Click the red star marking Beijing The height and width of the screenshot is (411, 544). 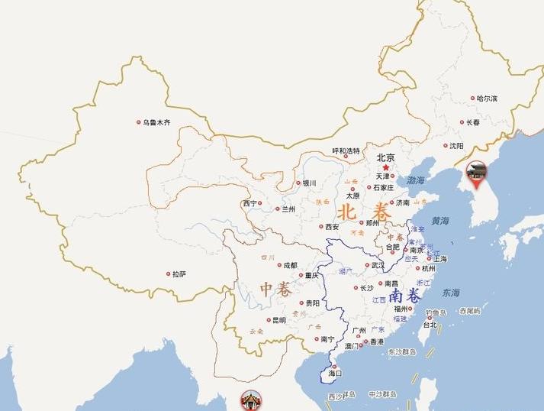tap(386, 167)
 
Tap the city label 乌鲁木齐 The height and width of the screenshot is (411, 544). tap(156, 122)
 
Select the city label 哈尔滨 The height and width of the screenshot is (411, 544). tap(486, 99)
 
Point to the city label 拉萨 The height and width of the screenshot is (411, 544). tap(179, 273)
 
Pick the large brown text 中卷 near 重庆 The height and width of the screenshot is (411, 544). tap(275, 289)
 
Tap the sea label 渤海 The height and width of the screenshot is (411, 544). tap(416, 181)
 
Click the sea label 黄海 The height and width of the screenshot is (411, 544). tap(440, 220)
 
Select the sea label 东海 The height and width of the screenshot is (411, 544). tap(451, 293)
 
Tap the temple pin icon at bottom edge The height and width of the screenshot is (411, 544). tap(250, 400)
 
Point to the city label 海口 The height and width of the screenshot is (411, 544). tap(335, 374)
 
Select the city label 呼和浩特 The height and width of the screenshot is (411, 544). tap(346, 151)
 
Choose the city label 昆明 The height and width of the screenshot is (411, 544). tap(279, 320)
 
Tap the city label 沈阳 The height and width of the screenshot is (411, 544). tap(455, 145)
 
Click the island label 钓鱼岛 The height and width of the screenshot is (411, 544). tap(436, 312)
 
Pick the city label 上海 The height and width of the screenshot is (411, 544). tap(440, 258)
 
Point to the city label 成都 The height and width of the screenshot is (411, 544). tap(291, 265)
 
